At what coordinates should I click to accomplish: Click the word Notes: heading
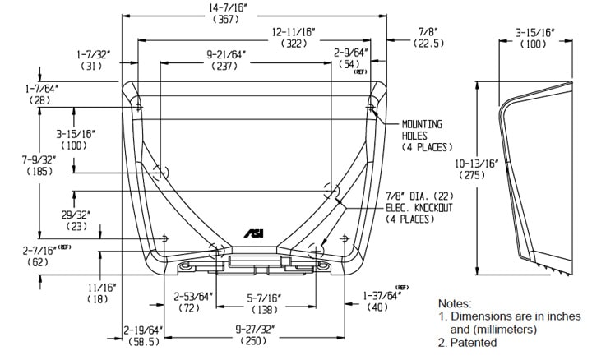pyautogui.click(x=456, y=303)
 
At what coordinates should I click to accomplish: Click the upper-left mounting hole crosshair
pyautogui.click(x=139, y=107)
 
